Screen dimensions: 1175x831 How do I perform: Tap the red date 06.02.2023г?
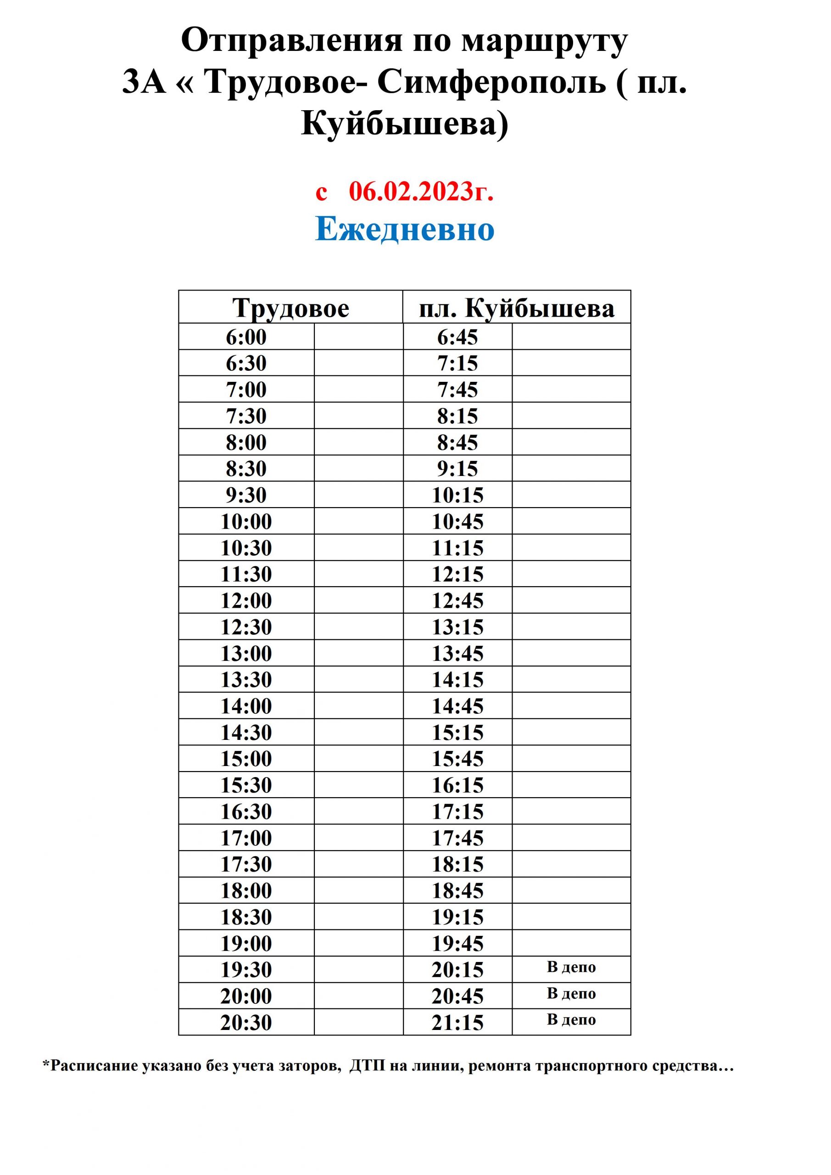point(421,192)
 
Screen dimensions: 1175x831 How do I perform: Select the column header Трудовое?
point(290,308)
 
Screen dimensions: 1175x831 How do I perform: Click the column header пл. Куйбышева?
point(516,308)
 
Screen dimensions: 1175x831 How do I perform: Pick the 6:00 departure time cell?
point(246,337)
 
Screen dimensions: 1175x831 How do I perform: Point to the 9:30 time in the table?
point(246,495)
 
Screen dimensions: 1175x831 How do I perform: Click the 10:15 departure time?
point(457,495)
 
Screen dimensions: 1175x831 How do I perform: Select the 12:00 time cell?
point(246,600)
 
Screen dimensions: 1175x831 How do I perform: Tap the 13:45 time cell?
point(457,654)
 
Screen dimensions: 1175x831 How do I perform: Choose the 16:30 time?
point(246,811)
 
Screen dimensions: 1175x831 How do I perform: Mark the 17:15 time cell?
point(457,811)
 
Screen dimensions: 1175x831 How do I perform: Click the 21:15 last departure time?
point(457,1023)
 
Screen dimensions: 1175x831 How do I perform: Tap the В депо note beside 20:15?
point(571,967)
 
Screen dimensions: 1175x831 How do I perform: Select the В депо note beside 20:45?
point(571,993)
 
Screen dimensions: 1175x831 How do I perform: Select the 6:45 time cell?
point(457,337)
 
